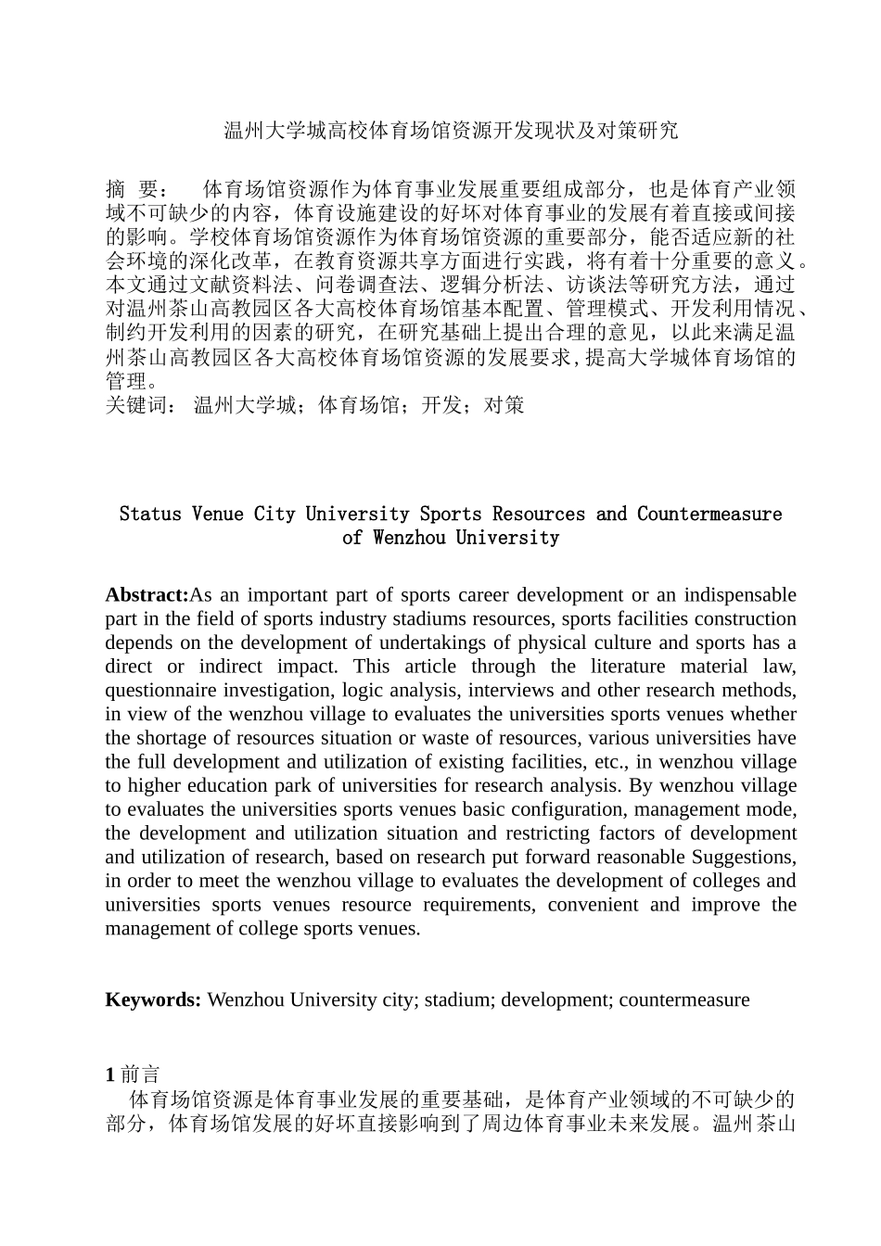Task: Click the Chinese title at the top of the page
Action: pyautogui.click(x=452, y=131)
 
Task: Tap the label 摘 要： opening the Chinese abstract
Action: pyautogui.click(x=136, y=189)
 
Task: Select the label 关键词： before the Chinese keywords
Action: pyautogui.click(x=139, y=405)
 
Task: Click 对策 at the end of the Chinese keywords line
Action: pyautogui.click(x=504, y=405)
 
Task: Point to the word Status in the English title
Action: pyautogui.click(x=150, y=515)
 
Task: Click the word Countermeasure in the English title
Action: pyautogui.click(x=709, y=515)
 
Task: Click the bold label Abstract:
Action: pyautogui.click(x=147, y=595)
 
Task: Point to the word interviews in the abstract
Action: pyautogui.click(x=510, y=691)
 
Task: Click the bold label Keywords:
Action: pyautogui.click(x=153, y=1000)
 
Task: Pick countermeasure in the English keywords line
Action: pyautogui.click(x=683, y=1000)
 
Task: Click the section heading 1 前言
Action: pyautogui.click(x=133, y=1074)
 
